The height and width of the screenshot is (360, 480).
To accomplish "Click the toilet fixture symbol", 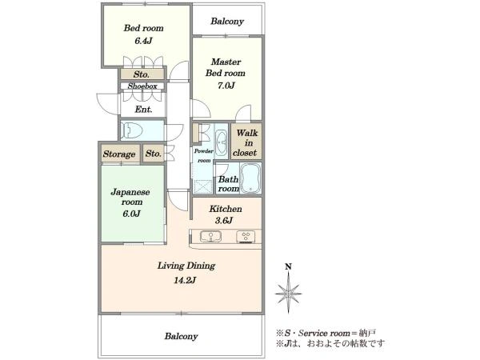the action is (x=132, y=130).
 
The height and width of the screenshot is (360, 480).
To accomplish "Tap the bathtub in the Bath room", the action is (x=250, y=178).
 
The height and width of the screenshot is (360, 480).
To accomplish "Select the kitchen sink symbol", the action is (x=211, y=236).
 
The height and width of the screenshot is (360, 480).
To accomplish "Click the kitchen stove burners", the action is (x=246, y=237).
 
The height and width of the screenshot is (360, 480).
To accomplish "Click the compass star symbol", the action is (x=288, y=293).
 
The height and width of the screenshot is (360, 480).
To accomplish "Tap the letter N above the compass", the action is (x=288, y=266).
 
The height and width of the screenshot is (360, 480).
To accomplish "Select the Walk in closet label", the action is (x=246, y=142).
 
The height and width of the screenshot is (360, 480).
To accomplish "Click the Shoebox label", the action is (x=142, y=86).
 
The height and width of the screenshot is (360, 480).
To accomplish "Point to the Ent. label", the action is (x=143, y=110).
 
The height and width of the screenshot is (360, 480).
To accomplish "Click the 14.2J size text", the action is (x=185, y=280).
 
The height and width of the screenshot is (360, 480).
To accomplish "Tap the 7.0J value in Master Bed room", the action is (x=226, y=85).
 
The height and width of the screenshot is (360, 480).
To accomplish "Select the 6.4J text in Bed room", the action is (x=143, y=41).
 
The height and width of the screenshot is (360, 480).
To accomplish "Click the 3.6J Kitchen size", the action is (x=224, y=220).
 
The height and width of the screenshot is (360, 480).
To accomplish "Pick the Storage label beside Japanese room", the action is (x=119, y=154).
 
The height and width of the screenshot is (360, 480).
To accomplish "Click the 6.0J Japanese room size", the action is (x=131, y=214).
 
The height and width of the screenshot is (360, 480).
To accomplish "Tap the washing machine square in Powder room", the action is (x=203, y=186).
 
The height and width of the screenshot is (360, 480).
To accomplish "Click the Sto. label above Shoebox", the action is (x=142, y=74).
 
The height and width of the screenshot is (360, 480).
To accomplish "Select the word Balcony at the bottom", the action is (x=181, y=336).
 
